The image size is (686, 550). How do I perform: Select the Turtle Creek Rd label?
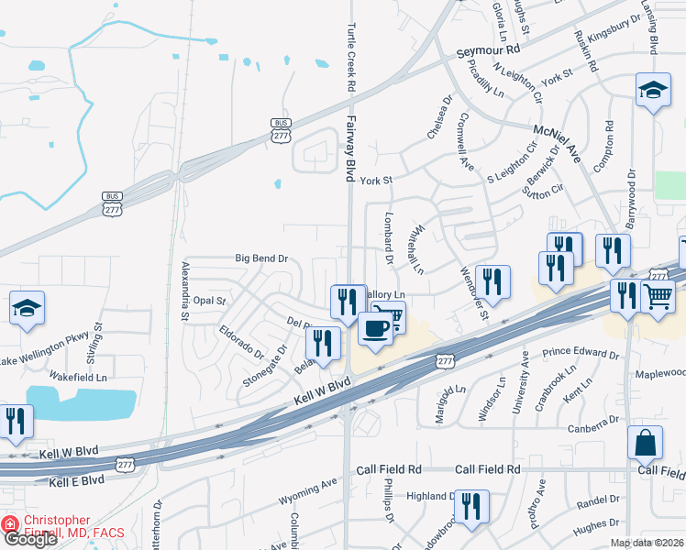[349, 54]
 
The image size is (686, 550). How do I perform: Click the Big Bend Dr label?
[261, 259]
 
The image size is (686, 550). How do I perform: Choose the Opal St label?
[209, 301]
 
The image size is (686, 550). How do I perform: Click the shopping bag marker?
[645, 443]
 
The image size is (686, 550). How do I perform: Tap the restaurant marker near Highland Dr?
[471, 506]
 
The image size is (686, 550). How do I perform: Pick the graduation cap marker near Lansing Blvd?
[653, 90]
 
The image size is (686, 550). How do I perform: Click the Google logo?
[31, 539]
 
